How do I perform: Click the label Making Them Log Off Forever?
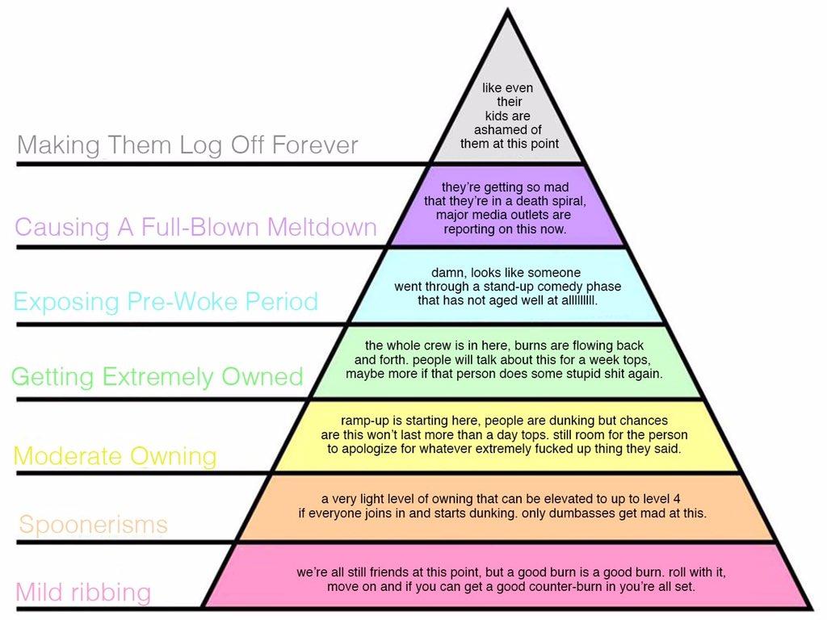[187, 146]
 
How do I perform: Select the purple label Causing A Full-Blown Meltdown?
[195, 227]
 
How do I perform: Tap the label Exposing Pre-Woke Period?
[166, 302]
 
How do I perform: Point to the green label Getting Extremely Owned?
[157, 377]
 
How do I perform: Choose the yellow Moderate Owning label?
[115, 456]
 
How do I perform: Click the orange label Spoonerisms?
[93, 525]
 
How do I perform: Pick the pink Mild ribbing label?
[83, 593]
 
